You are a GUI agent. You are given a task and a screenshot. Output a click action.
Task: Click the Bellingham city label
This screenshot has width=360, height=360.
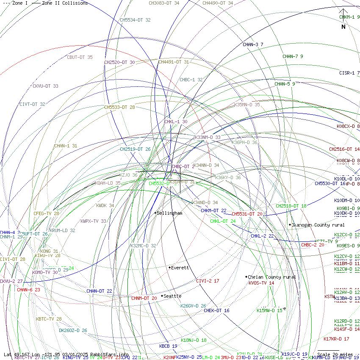coord(169,213)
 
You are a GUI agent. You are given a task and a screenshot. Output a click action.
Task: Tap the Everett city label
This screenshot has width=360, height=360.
coord(180,268)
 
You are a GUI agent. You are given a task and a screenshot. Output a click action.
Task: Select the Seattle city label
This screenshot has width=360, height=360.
coord(172,296)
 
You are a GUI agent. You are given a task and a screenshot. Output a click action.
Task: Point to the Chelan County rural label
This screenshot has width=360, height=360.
coord(271,277)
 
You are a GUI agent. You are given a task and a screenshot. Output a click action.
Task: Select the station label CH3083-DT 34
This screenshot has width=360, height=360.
coord(163,3)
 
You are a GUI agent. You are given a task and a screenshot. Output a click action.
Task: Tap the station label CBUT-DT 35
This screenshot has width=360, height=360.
coord(80,57)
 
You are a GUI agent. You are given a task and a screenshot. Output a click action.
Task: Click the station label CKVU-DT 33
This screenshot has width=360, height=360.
coord(45,86)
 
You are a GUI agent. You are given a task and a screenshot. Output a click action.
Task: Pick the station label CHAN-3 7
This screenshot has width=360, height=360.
coord(253,44)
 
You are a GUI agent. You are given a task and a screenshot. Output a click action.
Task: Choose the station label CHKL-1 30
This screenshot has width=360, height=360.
coord(175,122)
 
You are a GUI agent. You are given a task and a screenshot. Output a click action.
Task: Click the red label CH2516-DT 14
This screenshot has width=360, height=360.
coord(344,149)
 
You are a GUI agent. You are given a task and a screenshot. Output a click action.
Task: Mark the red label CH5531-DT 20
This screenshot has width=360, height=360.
coord(246,214)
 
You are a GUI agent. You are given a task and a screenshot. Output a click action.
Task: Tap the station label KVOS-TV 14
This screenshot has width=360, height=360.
coord(261,283)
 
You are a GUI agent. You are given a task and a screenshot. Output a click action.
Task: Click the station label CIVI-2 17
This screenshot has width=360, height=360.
coord(208,281)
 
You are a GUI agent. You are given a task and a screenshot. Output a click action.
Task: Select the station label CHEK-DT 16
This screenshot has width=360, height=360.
coord(216,310)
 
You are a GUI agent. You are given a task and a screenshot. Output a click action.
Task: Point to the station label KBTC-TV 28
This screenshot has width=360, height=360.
coord(49,319)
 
